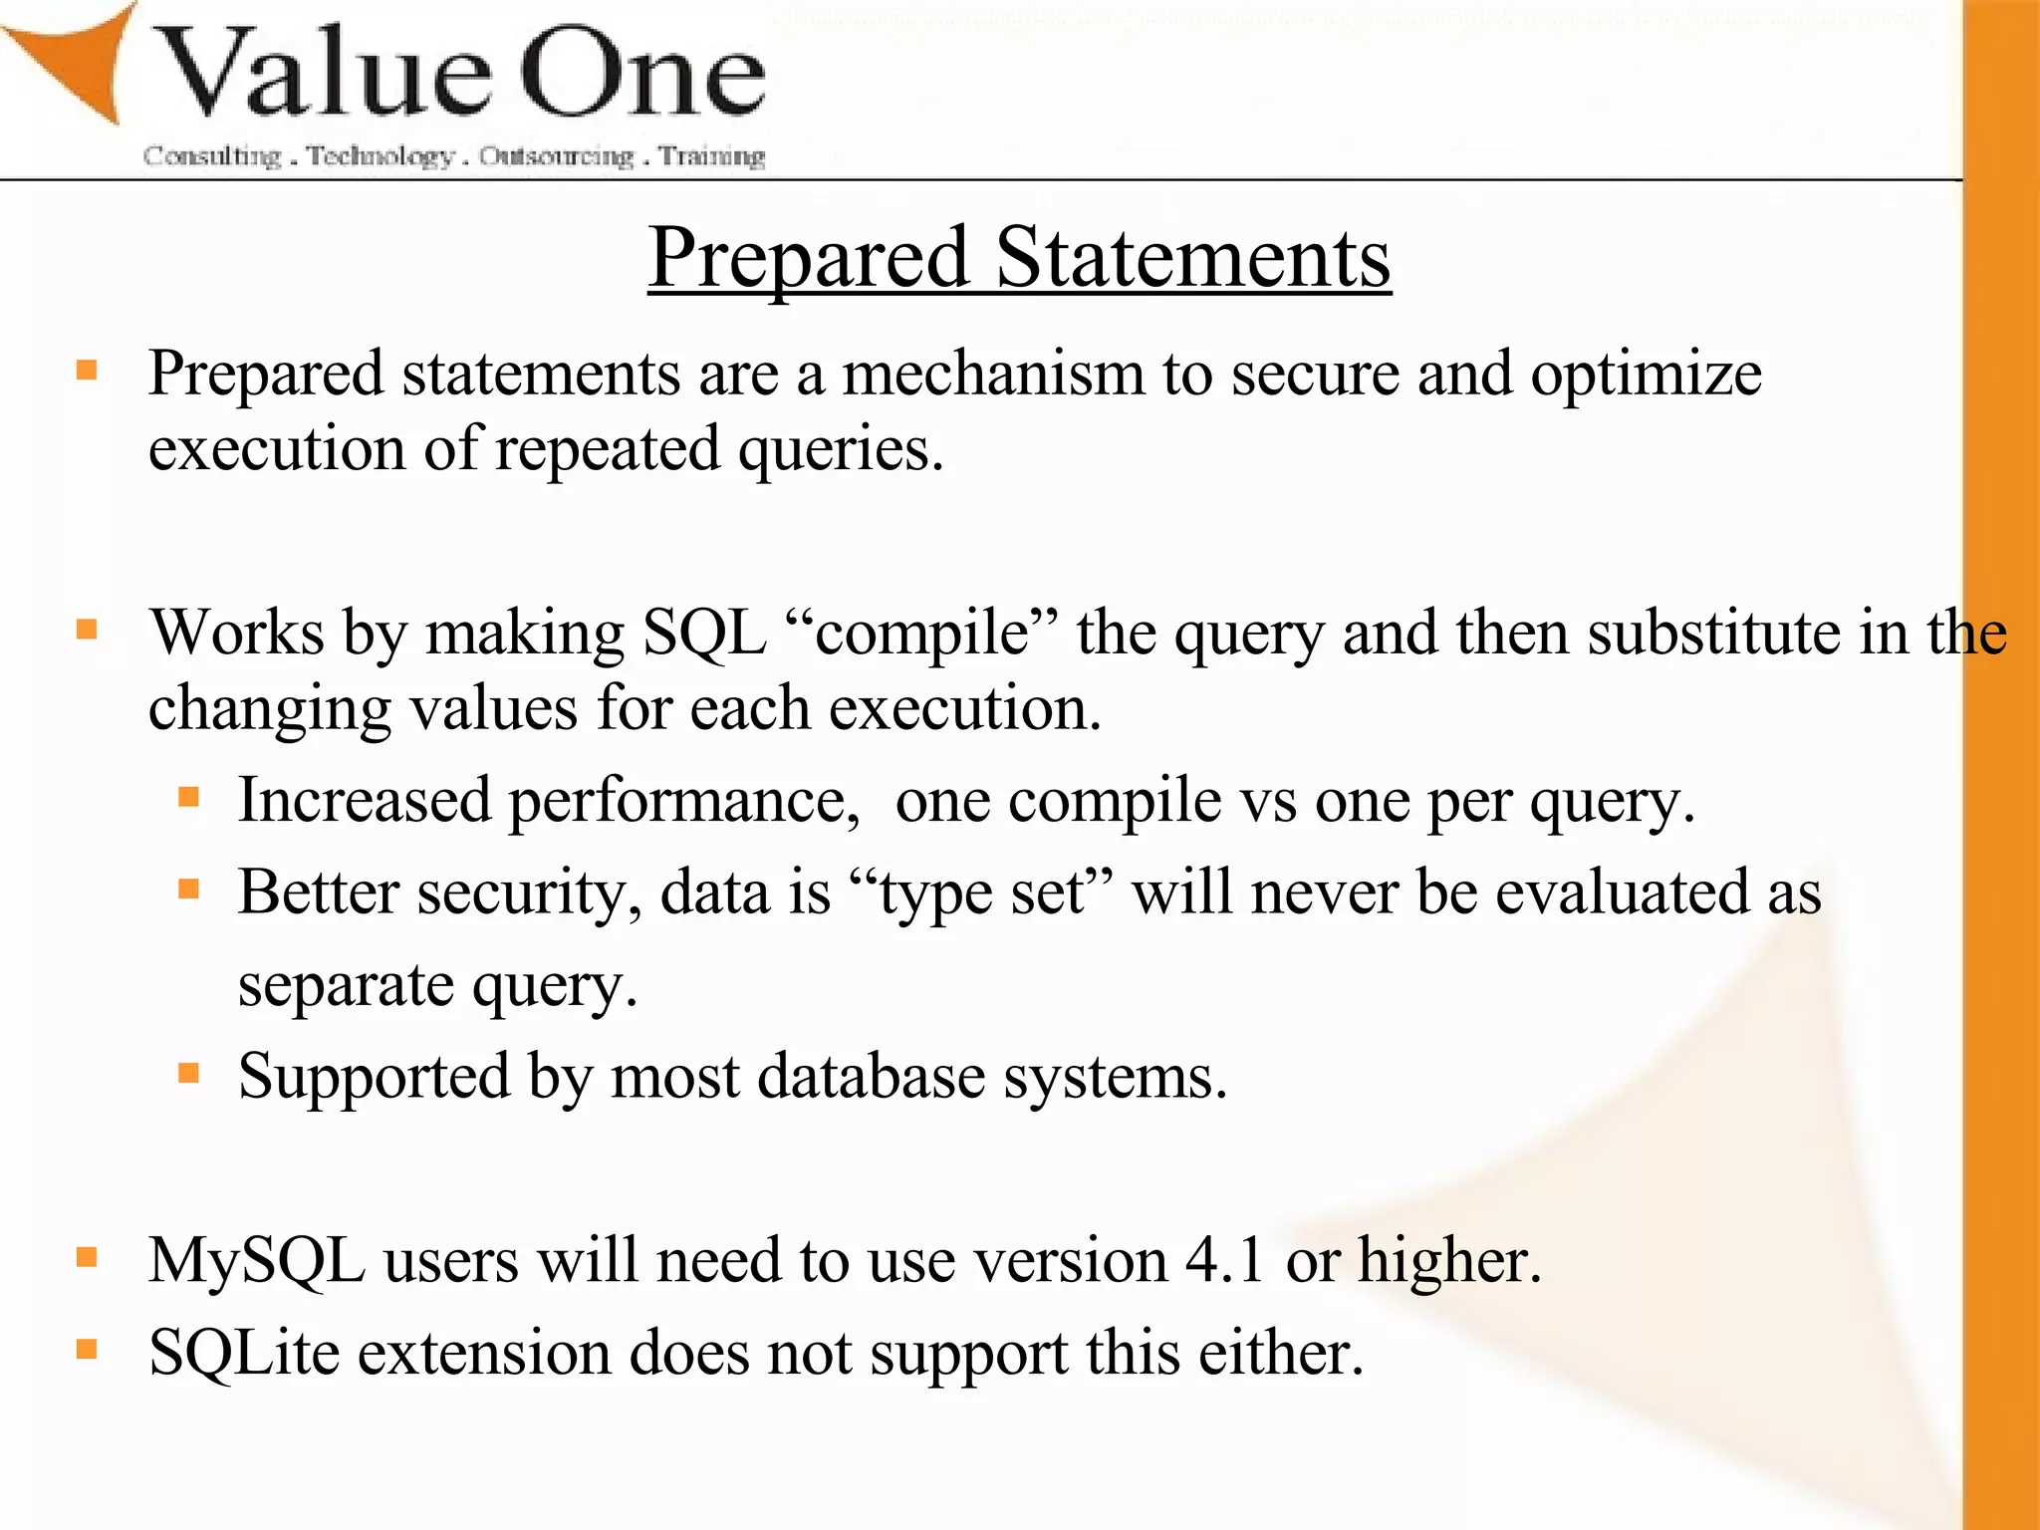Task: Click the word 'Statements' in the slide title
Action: [x=1192, y=258]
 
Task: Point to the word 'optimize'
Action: [x=1646, y=377]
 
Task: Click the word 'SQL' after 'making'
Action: [x=704, y=634]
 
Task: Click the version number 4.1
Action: [x=1224, y=1261]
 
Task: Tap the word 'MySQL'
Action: [x=257, y=1262]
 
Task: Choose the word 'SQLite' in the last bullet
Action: [x=244, y=1354]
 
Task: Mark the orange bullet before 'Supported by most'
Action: [x=188, y=1073]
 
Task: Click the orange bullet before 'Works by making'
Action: [x=87, y=630]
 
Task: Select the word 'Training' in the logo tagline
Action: [x=712, y=156]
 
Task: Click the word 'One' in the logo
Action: [x=642, y=75]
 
